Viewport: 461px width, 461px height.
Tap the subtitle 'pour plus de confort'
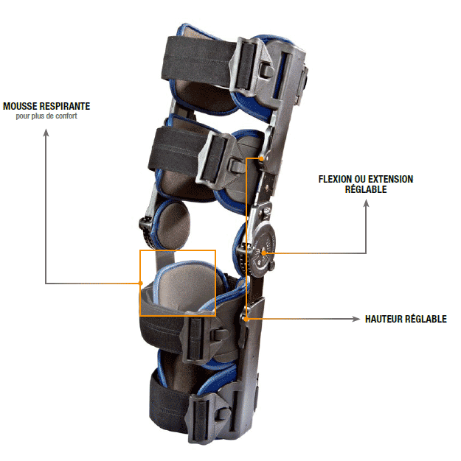pyautogui.click(x=46, y=116)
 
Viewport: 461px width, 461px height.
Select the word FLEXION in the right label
pyautogui.click(x=334, y=179)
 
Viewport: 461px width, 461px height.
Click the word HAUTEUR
pyautogui.click(x=384, y=320)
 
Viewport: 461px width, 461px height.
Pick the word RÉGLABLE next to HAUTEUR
pyautogui.click(x=426, y=320)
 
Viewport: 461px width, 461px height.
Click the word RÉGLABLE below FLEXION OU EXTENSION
pyautogui.click(x=366, y=189)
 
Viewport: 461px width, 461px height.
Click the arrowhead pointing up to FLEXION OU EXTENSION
pyautogui.click(x=366, y=204)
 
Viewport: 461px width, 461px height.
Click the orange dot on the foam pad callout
pyautogui.click(x=140, y=284)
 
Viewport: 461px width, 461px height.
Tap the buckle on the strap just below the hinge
pyautogui.click(x=196, y=335)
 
